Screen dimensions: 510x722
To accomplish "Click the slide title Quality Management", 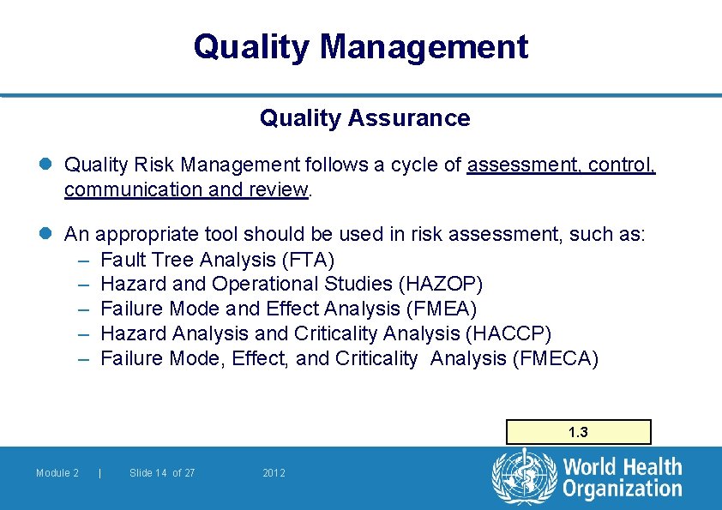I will (361, 46).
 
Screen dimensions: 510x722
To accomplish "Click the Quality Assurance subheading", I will (364, 118).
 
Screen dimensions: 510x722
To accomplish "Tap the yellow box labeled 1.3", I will (579, 432).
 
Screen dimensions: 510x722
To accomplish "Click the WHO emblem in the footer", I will (523, 477).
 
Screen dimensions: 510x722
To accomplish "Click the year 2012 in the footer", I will (274, 473).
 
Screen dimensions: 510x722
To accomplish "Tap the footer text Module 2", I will (57, 473).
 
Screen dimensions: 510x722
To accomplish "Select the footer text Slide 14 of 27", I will (162, 473).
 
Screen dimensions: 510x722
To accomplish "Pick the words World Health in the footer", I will (623, 467).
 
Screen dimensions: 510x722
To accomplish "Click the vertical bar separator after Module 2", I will (100, 473).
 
